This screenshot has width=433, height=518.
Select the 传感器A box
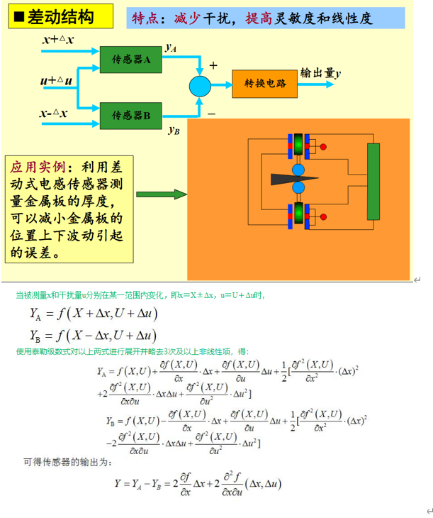131,60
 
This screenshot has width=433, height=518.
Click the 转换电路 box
266,84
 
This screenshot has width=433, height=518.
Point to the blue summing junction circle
200,86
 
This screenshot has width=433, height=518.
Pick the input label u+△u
56,81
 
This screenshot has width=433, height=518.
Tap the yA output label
171,48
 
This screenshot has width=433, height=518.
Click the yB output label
174,131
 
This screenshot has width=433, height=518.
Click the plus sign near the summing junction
213,65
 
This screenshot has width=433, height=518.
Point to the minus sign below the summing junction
211,112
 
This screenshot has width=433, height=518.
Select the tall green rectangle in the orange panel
373,180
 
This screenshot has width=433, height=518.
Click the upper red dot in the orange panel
324,147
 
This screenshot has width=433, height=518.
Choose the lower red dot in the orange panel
324,216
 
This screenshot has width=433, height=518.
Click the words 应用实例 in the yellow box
36,167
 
